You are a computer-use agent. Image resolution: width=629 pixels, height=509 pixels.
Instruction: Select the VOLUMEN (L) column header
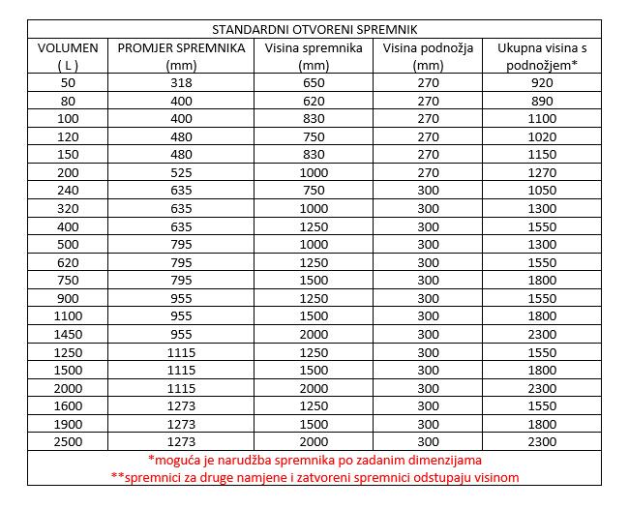point(67,56)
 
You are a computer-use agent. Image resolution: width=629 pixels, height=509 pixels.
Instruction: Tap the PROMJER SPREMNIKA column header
point(181,56)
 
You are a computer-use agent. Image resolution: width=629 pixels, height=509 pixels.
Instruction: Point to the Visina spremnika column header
point(314,56)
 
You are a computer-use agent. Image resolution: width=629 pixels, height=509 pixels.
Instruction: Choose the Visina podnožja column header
point(427,56)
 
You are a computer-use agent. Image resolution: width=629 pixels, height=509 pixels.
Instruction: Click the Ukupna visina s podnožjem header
point(543,56)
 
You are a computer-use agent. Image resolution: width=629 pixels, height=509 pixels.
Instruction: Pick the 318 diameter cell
point(181,83)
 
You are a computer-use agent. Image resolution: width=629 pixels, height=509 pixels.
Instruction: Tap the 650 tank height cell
point(314,83)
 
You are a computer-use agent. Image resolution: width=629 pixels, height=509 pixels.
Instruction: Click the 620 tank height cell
point(314,101)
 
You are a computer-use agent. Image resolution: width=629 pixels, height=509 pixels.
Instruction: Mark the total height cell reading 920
point(543,83)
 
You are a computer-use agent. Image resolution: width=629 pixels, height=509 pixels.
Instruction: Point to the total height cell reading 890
point(543,101)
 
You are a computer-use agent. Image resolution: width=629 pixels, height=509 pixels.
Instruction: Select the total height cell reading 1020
point(543,137)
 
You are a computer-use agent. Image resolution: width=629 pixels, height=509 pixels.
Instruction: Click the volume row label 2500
point(67,441)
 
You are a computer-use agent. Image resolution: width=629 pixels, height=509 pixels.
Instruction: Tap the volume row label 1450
point(67,333)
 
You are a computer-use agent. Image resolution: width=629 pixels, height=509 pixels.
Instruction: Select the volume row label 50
point(67,83)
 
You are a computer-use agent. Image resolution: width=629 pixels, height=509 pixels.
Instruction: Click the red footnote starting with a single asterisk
point(314,460)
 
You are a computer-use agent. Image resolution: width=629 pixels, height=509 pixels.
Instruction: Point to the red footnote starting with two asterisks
point(314,477)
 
